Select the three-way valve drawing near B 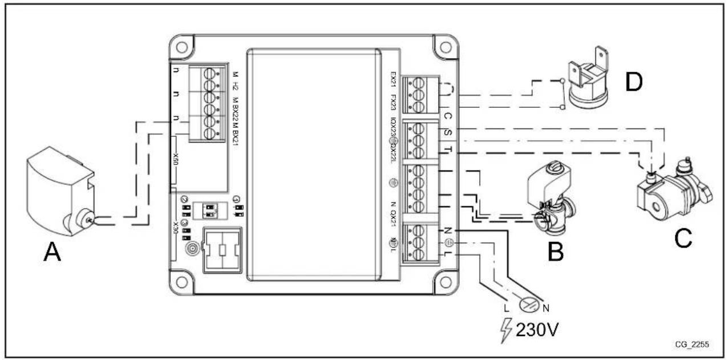(549, 199)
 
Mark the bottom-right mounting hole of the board (443, 284)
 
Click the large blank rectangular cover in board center (314, 163)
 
